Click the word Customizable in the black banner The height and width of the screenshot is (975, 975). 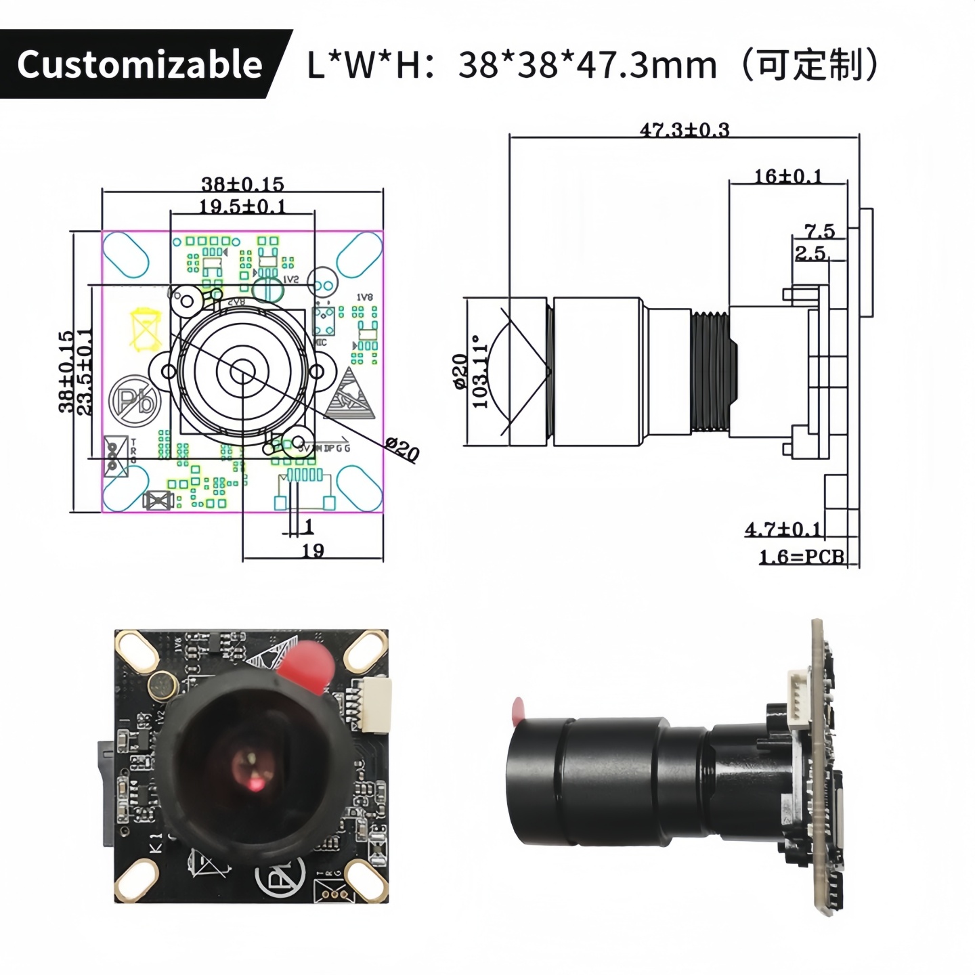point(139,65)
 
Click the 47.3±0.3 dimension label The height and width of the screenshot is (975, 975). point(685,129)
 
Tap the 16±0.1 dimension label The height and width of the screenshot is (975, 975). point(788,176)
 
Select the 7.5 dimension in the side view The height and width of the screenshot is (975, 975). point(820,231)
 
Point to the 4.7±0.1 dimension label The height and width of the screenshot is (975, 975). point(783,529)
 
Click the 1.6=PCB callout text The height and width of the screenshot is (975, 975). point(802,557)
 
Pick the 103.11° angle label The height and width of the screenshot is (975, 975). point(480,372)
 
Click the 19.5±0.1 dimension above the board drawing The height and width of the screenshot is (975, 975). point(242,206)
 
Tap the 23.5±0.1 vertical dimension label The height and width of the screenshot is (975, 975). point(85,372)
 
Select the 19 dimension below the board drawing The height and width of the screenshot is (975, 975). point(312,550)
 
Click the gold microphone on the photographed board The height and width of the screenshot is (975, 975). point(162,686)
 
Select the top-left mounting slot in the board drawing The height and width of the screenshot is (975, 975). point(126,254)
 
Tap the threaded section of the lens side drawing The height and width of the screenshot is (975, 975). point(710,370)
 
